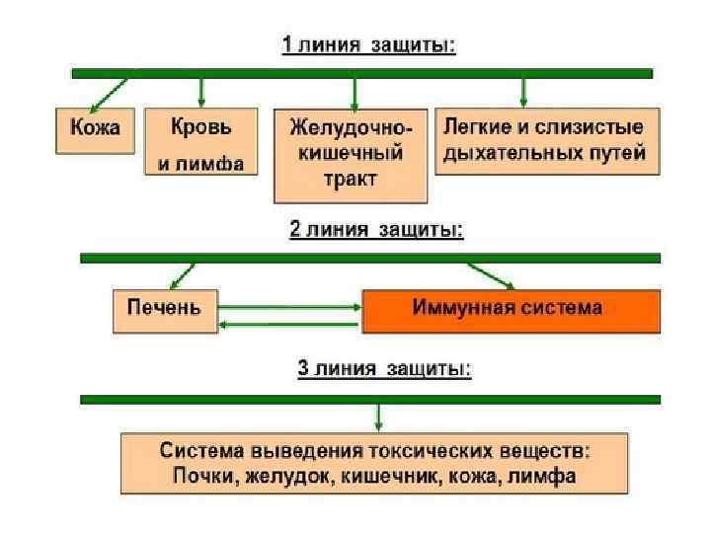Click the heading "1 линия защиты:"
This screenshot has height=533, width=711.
tap(369, 46)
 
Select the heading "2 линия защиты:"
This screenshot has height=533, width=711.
tap(376, 230)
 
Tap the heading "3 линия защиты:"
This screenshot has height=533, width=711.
tap(384, 370)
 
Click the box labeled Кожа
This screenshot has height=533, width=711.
tap(95, 129)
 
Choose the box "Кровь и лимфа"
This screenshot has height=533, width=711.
tap(200, 142)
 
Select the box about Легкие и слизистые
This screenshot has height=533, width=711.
tap(546, 141)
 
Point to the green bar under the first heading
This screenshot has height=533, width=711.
tap(361, 73)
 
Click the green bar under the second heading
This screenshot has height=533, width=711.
tap(369, 259)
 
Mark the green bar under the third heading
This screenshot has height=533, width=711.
tap(369, 399)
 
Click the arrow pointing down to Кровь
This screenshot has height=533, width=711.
tap(201, 92)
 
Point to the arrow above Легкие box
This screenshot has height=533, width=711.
tap(523, 92)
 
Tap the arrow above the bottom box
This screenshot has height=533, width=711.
tap(378, 417)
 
